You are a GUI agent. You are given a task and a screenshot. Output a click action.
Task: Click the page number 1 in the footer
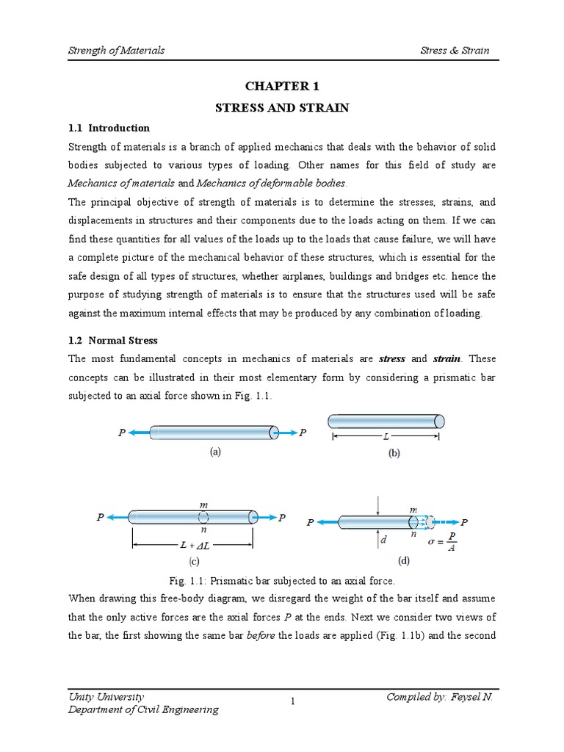[x=292, y=702]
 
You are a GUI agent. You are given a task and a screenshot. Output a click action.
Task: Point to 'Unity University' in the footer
[x=106, y=696]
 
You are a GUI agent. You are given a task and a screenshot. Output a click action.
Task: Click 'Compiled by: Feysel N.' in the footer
[x=439, y=696]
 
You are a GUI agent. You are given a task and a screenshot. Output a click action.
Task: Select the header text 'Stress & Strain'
[x=455, y=51]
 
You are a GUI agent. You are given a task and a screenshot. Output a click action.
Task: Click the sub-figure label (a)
[x=214, y=452]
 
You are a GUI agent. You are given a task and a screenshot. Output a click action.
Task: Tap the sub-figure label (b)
[x=394, y=454]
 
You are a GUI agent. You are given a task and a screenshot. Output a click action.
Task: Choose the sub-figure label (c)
[x=194, y=562]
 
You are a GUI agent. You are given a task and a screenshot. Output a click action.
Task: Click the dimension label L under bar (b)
[x=386, y=436]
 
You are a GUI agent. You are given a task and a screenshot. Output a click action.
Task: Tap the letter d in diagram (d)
[x=383, y=540]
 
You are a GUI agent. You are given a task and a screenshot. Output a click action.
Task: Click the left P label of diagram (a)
[x=122, y=433]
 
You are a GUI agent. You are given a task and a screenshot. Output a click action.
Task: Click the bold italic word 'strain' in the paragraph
[x=446, y=359]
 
